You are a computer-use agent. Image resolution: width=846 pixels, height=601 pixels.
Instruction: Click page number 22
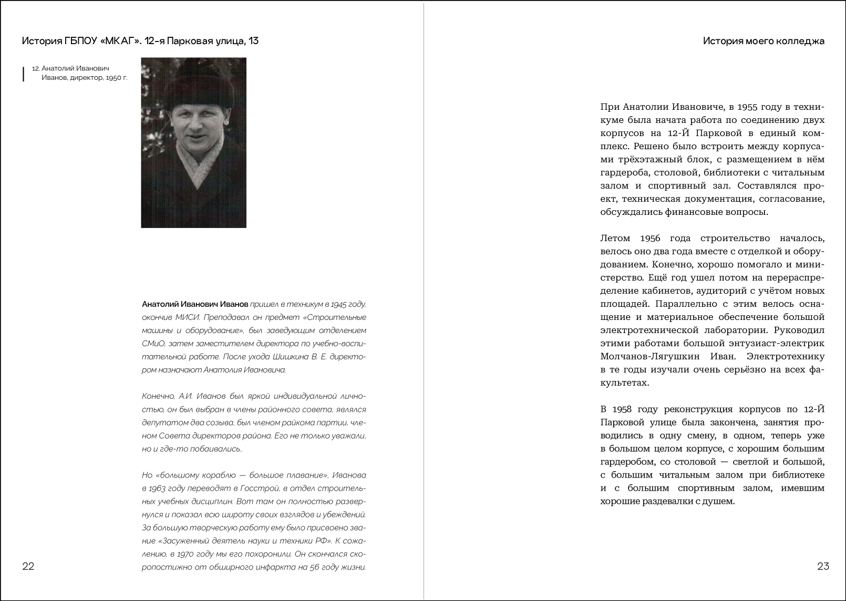click(28, 566)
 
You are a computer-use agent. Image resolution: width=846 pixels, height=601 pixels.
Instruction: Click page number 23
click(823, 566)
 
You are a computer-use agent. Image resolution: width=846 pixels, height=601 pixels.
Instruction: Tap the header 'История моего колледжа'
click(764, 41)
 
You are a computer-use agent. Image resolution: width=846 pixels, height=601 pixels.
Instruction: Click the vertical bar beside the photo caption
click(23, 74)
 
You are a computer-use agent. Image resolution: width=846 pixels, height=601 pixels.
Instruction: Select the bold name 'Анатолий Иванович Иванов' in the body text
click(195, 304)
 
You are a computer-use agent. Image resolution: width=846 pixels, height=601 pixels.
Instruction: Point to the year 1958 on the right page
click(625, 409)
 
